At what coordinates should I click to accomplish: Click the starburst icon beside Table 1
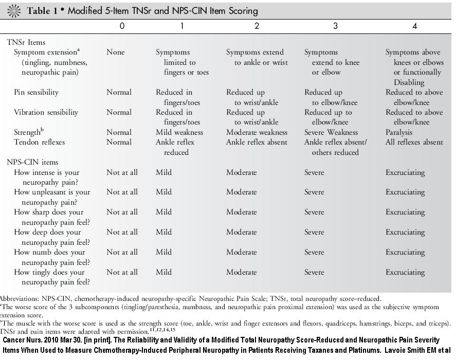(x=14, y=11)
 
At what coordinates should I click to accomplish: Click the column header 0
(x=122, y=26)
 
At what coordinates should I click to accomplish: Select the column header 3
(x=335, y=26)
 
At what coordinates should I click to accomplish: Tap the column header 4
(x=415, y=26)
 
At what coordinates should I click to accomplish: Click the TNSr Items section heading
(x=26, y=42)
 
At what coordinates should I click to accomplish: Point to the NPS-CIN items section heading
(x=32, y=162)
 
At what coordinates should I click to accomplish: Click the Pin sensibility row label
(x=36, y=92)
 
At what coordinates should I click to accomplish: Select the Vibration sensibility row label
(x=46, y=112)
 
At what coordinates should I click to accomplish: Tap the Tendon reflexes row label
(x=39, y=142)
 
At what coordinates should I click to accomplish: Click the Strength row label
(x=29, y=132)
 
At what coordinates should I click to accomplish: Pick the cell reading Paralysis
(x=399, y=132)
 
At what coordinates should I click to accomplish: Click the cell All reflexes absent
(x=414, y=142)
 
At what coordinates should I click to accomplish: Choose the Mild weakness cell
(x=179, y=132)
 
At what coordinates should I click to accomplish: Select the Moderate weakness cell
(x=257, y=132)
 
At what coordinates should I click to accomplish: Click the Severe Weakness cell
(x=331, y=132)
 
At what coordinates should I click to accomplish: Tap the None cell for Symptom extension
(x=116, y=52)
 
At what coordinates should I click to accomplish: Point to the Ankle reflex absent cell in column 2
(x=257, y=142)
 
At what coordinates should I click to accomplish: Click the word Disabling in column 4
(x=409, y=82)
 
